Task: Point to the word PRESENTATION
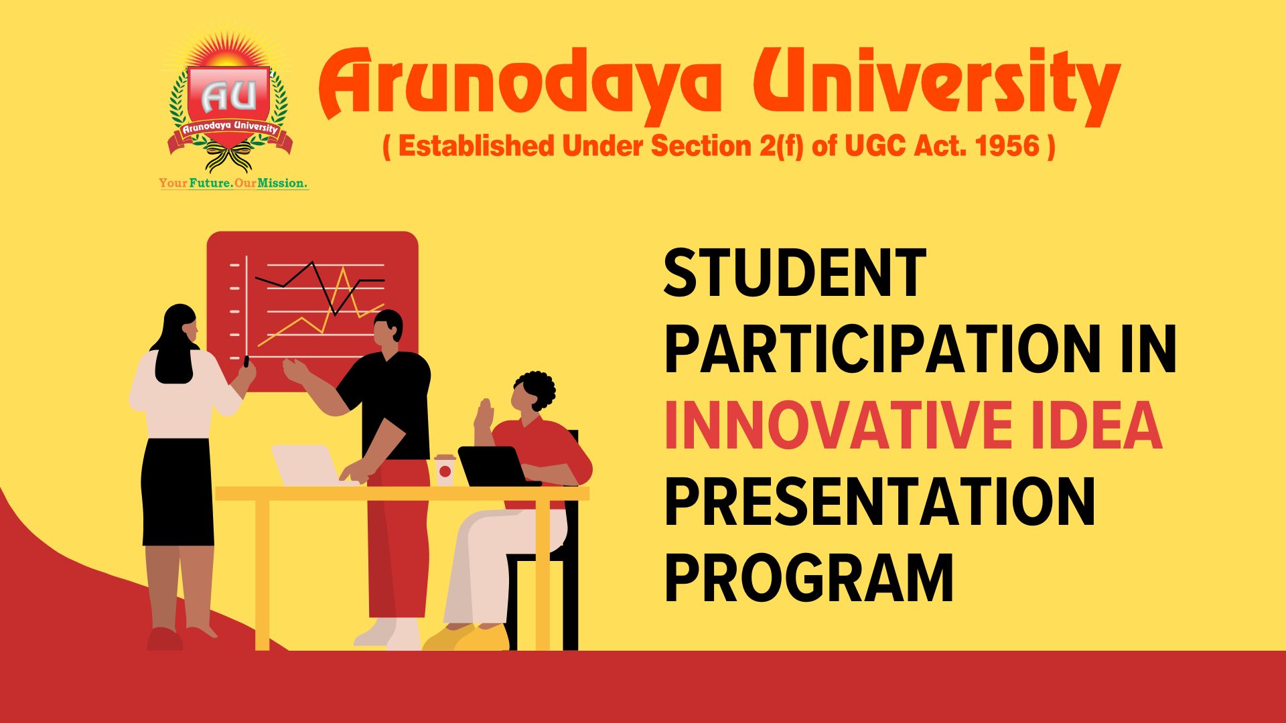[879, 502]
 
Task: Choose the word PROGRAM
[808, 578]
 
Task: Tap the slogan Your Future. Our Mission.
[233, 183]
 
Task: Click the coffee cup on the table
[445, 470]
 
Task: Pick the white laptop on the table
[306, 465]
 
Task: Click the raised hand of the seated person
[483, 414]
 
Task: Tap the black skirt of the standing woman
[177, 492]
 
